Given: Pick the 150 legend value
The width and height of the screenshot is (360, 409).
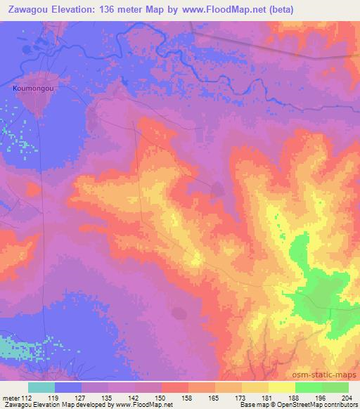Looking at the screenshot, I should tap(162, 398).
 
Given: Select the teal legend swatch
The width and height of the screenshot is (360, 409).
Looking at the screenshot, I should tap(41, 387).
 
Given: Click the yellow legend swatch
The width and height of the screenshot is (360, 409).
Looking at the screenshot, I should tap(281, 387).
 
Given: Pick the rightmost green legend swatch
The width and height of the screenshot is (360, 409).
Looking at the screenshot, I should tap(335, 387).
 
